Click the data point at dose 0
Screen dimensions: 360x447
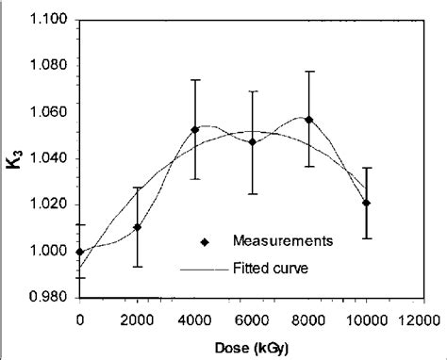click(80, 251)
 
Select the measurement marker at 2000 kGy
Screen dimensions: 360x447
click(138, 227)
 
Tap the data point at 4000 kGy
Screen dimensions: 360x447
click(195, 130)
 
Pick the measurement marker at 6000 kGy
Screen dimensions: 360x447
click(253, 141)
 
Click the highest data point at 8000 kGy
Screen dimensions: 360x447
click(309, 120)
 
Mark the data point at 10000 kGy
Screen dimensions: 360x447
click(367, 203)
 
